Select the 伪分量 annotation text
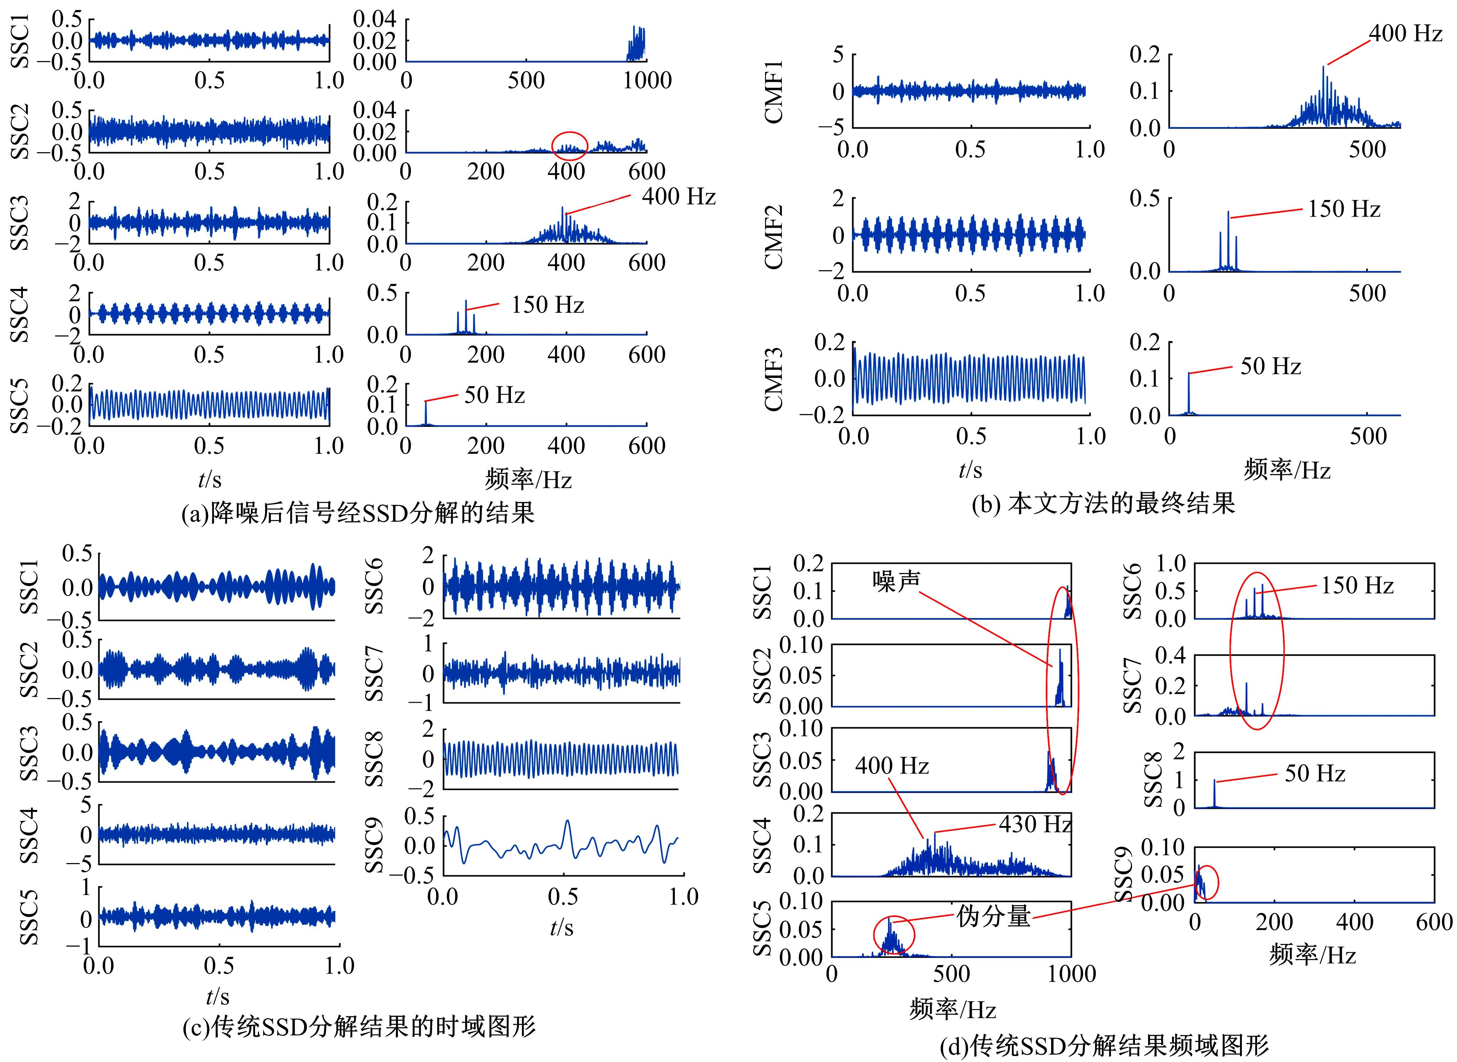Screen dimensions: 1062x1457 (x=993, y=916)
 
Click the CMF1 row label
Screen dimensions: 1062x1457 (x=774, y=91)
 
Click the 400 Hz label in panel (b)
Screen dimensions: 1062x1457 (x=1405, y=34)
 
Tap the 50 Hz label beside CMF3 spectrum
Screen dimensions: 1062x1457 (x=1270, y=366)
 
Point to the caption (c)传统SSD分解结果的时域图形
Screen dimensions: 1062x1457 (x=359, y=1027)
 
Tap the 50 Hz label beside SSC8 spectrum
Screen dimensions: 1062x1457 (x=1314, y=773)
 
